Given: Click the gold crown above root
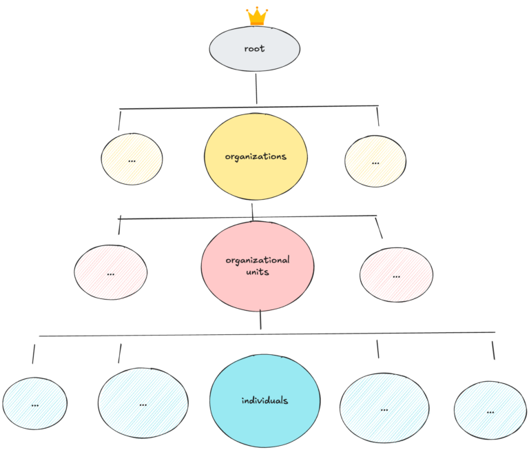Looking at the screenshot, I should click(257, 16).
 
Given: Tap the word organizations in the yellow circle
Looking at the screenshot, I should click(256, 156).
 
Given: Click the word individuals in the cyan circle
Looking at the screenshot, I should click(264, 400).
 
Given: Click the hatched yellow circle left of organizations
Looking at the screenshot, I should click(132, 159).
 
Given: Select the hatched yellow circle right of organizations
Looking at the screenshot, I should click(375, 162).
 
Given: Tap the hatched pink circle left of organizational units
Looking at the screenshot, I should click(110, 272).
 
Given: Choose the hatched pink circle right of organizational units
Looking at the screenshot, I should click(396, 275).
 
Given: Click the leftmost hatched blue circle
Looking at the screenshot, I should click(34, 405).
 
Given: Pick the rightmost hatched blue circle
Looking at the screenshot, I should click(490, 411).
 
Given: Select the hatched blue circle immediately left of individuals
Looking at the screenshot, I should click(143, 404).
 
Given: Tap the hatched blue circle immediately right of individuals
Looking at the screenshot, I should click(384, 408).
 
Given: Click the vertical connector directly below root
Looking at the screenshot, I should click(256, 88).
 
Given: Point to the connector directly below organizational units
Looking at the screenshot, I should click(260, 320).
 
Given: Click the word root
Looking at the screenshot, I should click(254, 49).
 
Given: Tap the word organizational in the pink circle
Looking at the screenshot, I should click(258, 260).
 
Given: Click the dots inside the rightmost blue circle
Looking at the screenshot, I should click(490, 411).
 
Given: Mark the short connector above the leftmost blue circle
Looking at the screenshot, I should click(33, 354).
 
